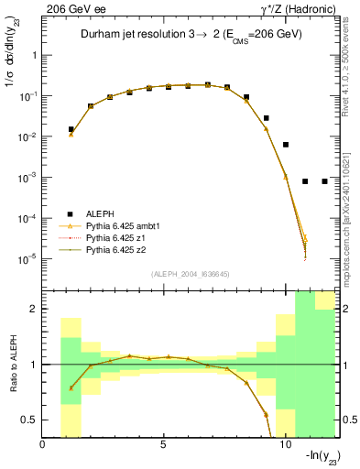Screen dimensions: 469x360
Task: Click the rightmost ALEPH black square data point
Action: tap(324, 181)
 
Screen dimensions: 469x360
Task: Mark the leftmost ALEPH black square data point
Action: tap(71, 129)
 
